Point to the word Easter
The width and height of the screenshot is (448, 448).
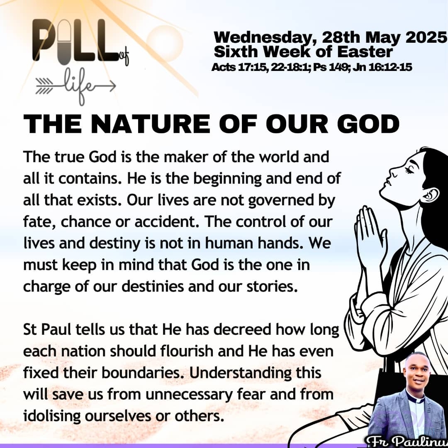[x=365, y=52]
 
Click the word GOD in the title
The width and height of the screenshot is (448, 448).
[x=368, y=124]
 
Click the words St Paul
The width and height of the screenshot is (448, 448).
[x=47, y=329]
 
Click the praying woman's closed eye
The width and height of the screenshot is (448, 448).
[x=409, y=170]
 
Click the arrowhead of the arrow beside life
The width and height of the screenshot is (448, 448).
[x=112, y=86]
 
